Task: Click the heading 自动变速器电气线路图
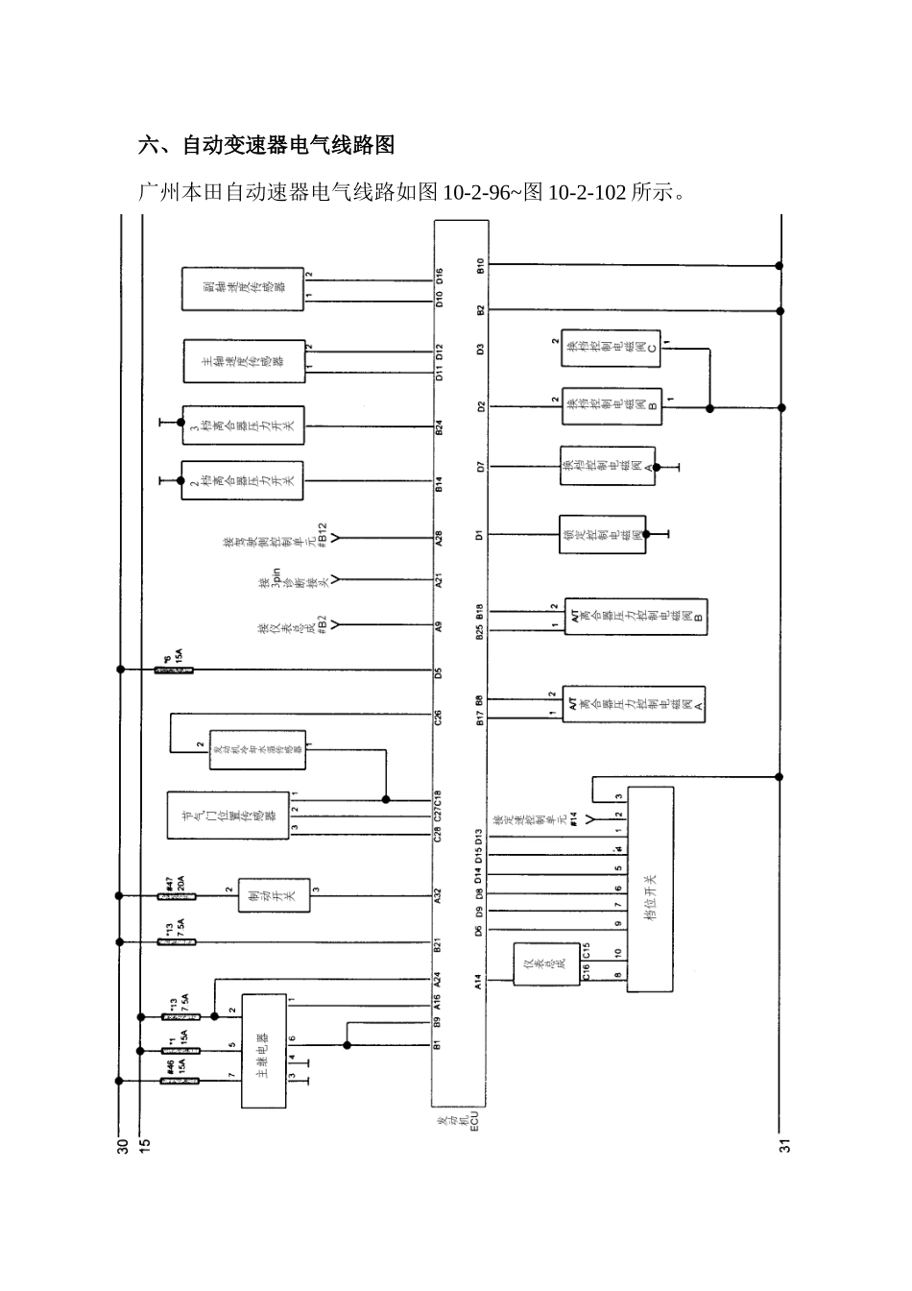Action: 266,146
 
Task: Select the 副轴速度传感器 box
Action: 243,289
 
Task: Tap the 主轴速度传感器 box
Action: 244,360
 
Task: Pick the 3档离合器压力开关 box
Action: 243,425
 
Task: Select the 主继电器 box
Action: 263,1050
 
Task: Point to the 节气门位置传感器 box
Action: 228,815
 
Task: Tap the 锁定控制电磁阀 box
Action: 602,534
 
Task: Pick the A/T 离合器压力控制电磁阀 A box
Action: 634,705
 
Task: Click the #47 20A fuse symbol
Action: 177,895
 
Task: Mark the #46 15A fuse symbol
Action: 175,1082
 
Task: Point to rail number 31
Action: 784,1145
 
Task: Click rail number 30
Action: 122,1145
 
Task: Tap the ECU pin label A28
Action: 439,539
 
